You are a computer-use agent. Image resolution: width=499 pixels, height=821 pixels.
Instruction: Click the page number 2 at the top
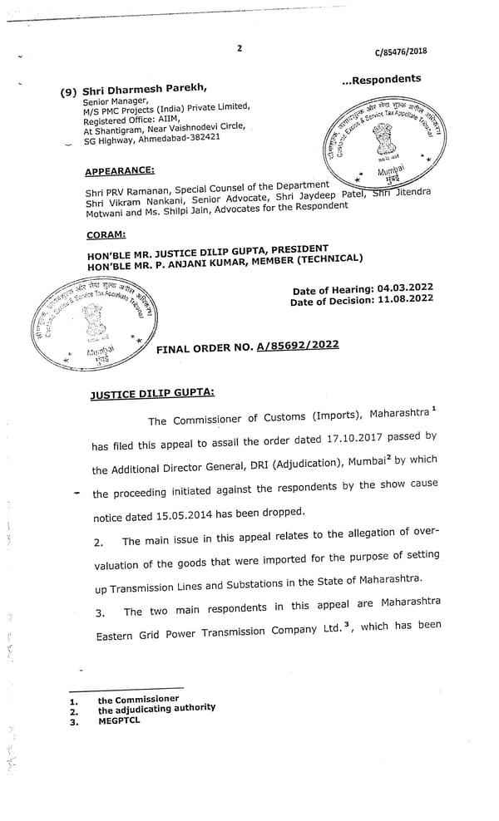(239, 48)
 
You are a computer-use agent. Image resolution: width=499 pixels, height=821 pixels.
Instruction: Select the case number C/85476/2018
(400, 51)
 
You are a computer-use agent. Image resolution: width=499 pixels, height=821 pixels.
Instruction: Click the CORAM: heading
(106, 235)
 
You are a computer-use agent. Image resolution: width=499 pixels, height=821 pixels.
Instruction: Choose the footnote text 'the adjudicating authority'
(156, 709)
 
